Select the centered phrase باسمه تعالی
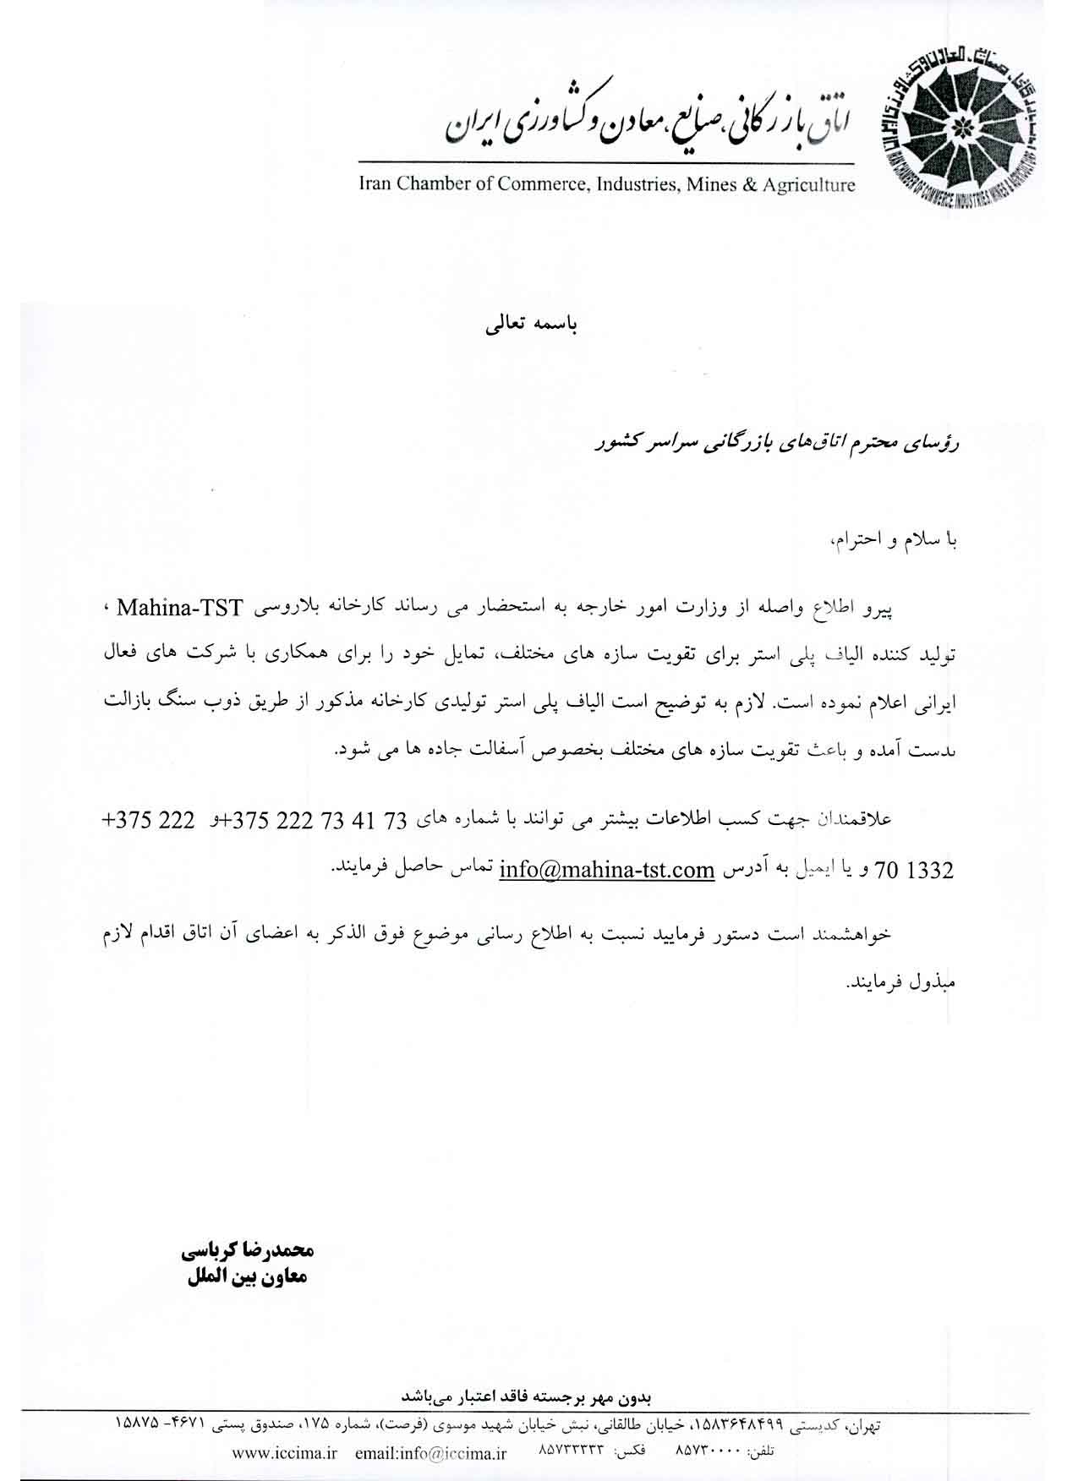[528, 325]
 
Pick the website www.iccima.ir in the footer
[284, 1453]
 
